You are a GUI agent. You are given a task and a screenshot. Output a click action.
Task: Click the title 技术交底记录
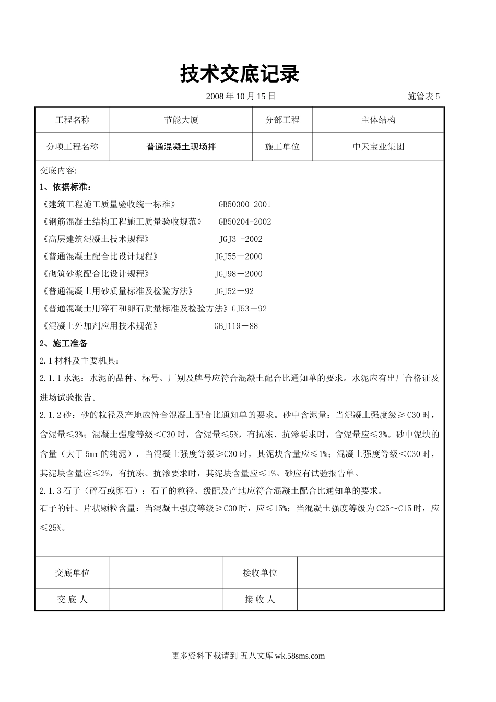[x=240, y=75]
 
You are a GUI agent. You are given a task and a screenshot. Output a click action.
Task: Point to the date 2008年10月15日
[x=241, y=96]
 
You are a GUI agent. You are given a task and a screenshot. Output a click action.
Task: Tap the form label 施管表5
[x=423, y=96]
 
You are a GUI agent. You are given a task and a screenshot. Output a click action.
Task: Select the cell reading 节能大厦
[x=181, y=120]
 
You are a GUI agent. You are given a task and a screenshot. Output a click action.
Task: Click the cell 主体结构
[x=378, y=120]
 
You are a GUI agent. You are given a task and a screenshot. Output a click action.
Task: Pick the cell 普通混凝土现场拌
[x=181, y=147]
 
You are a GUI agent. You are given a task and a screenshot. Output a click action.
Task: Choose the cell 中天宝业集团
[x=378, y=147]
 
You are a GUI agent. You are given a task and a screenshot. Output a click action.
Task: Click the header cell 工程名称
[x=73, y=120]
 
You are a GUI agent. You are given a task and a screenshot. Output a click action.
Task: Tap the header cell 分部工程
[x=282, y=120]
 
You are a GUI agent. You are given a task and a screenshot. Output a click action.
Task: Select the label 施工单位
[x=282, y=147]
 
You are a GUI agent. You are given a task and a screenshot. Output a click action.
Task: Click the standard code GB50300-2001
[x=245, y=205]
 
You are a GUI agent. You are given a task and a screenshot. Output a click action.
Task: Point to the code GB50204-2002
[x=245, y=222]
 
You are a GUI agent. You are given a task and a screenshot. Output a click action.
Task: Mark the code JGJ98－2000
[x=239, y=274]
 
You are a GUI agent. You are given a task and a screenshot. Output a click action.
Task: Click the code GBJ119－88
[x=236, y=326]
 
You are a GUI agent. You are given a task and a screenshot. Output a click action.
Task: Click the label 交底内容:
[x=58, y=171]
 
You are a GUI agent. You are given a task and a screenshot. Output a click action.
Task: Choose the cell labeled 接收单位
[x=259, y=573]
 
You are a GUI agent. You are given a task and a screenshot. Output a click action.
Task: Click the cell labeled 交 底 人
[x=73, y=600]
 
